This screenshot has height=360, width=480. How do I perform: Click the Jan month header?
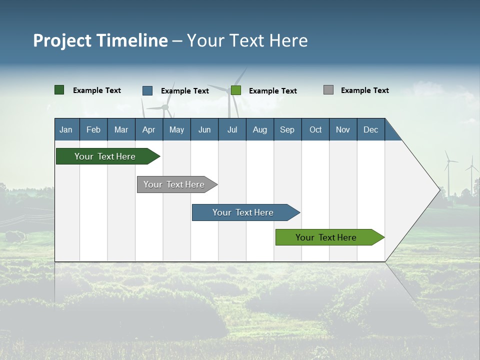click(66, 129)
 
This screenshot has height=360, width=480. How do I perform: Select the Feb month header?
click(93, 129)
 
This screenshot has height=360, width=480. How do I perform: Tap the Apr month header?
click(149, 129)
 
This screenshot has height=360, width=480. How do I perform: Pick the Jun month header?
click(204, 129)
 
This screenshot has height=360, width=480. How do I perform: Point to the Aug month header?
click(260, 129)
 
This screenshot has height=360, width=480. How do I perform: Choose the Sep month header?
click(287, 129)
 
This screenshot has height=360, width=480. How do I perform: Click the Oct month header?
click(315, 129)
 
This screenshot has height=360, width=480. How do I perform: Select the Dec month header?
click(371, 129)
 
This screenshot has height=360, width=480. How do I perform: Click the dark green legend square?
click(59, 90)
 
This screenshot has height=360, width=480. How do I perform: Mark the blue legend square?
click(147, 90)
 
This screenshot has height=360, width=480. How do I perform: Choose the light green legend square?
click(236, 90)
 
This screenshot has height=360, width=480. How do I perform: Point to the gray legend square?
click(328, 90)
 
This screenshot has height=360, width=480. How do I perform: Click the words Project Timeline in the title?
click(100, 40)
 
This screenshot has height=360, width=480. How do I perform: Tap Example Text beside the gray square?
click(365, 90)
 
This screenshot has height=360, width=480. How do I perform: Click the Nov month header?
click(343, 129)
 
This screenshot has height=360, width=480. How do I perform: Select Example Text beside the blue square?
click(185, 91)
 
